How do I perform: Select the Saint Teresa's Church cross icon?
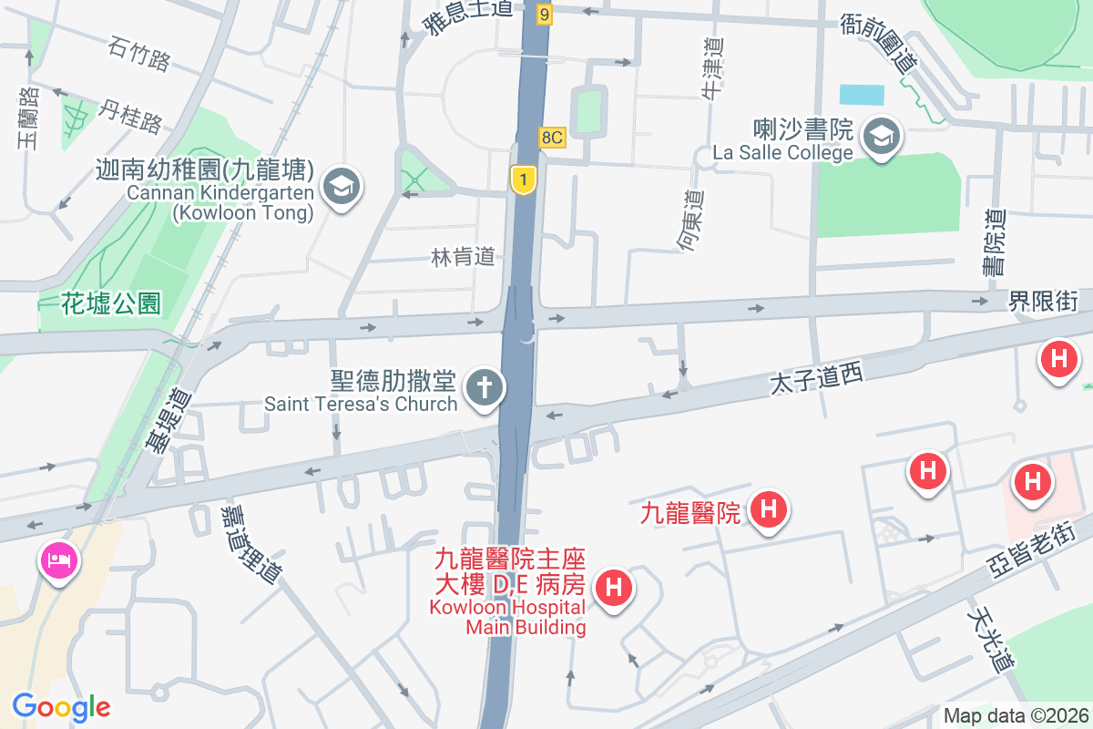(485, 388)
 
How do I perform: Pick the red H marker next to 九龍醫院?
(768, 508)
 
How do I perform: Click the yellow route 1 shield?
(523, 180)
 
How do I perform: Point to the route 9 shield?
(545, 14)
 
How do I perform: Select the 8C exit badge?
(553, 138)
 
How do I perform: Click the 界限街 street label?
(1043, 302)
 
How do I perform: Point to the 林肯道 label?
(463, 258)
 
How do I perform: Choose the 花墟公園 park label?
(111, 303)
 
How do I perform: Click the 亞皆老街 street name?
(1034, 546)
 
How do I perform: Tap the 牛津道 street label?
(712, 67)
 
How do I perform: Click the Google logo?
(61, 707)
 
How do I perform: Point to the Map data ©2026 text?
(1015, 715)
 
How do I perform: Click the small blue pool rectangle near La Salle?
(862, 94)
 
